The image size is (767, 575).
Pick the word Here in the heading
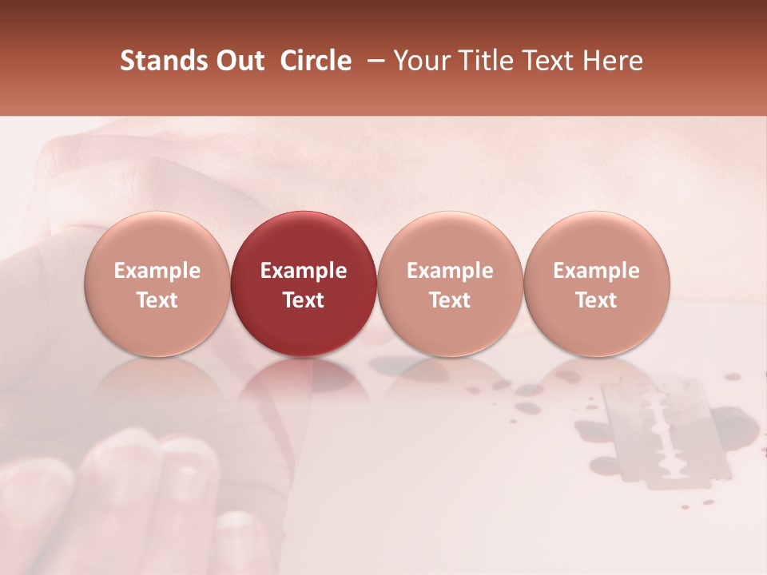[614, 61]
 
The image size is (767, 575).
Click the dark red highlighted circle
[304, 283]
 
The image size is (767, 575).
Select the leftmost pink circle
[157, 283]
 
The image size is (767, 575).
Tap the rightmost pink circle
[597, 283]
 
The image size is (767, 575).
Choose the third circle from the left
[450, 283]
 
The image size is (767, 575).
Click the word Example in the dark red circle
[304, 271]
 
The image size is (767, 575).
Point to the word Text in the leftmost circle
[157, 300]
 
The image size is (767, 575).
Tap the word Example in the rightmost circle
[597, 271]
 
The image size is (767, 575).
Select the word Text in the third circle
[450, 300]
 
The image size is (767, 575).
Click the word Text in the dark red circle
[304, 300]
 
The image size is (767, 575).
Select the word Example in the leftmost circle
[157, 271]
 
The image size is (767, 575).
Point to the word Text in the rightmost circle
[597, 300]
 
